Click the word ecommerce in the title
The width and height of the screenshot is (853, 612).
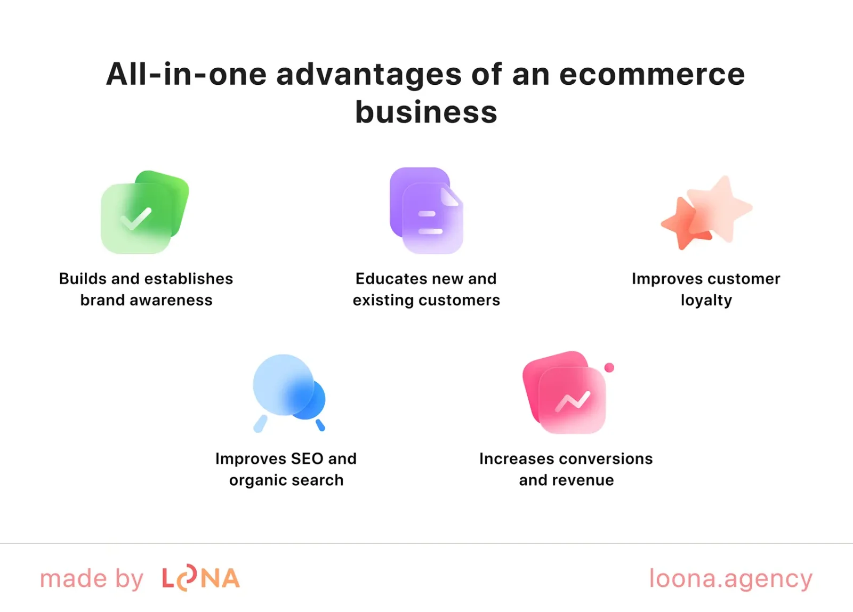pos(651,75)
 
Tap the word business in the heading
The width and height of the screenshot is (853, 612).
pos(426,112)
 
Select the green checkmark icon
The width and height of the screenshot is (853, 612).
pos(144,212)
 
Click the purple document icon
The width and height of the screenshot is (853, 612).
pos(426,211)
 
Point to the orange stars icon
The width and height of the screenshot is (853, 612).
pos(706,213)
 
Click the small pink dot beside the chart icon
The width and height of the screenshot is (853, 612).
pos(609,367)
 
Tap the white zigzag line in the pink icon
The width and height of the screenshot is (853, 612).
pos(573,401)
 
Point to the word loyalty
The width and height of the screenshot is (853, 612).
pos(706,301)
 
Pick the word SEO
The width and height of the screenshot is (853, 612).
pos(307,459)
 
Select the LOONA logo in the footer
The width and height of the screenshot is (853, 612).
pos(201,578)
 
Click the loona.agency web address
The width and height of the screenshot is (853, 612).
pos(730,579)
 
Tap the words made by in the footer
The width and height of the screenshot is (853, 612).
pos(92,579)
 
